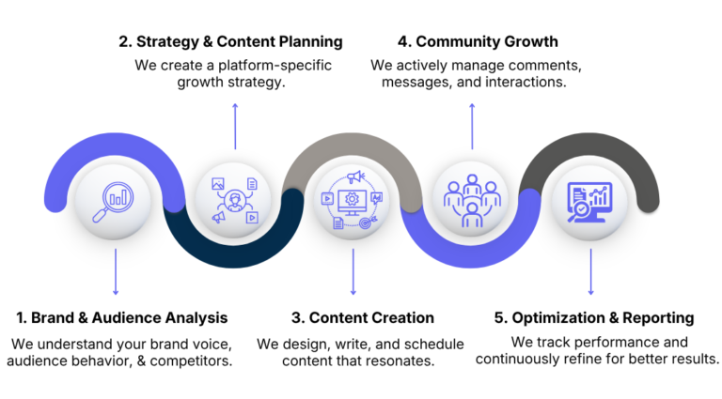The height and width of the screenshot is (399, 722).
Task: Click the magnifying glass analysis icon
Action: (x=113, y=202)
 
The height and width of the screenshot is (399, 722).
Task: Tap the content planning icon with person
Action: (x=235, y=200)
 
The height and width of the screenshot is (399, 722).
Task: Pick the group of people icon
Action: (x=472, y=200)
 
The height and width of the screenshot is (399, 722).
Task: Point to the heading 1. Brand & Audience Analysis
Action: (x=122, y=317)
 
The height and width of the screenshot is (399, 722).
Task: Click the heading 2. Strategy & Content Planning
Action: (x=230, y=41)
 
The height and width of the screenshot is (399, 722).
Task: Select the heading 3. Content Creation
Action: (x=363, y=317)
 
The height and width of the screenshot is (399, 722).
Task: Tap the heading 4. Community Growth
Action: (x=478, y=41)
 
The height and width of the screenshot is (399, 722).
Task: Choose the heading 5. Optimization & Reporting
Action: (x=594, y=317)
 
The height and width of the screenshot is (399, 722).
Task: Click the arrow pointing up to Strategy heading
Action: (x=235, y=127)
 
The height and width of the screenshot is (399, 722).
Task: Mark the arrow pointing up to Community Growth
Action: (x=472, y=127)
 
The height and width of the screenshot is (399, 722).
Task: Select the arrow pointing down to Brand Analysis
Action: (x=116, y=271)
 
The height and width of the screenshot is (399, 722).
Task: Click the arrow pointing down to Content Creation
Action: (x=353, y=271)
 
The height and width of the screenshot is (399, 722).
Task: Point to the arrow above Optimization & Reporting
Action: (x=590, y=271)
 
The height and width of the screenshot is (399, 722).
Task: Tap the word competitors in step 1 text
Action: (x=191, y=361)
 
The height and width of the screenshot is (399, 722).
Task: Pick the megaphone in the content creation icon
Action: (x=355, y=176)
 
